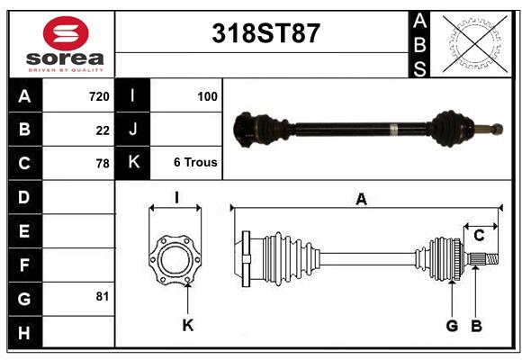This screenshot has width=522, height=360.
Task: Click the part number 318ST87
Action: pyautogui.click(x=265, y=33)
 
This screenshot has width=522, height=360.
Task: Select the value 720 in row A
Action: pyautogui.click(x=98, y=95)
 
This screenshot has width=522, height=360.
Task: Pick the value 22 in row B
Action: pyautogui.click(x=103, y=130)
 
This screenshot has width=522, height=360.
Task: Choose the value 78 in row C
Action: pyautogui.click(x=103, y=164)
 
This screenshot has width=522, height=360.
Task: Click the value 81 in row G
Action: pyautogui.click(x=103, y=295)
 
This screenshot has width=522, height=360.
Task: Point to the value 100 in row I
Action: pyautogui.click(x=207, y=95)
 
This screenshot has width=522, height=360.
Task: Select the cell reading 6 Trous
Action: pyautogui.click(x=195, y=163)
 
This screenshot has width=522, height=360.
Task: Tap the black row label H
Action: pyautogui.click(x=24, y=333)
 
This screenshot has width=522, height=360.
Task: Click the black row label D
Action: pyautogui.click(x=24, y=197)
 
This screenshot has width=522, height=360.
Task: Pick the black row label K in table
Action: pyautogui.click(x=133, y=163)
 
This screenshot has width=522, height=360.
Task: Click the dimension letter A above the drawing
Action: pyautogui.click(x=361, y=199)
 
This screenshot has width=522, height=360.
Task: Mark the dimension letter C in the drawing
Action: pyautogui.click(x=480, y=235)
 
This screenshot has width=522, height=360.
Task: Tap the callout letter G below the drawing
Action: pyautogui.click(x=452, y=325)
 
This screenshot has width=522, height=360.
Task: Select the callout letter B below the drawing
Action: pyautogui.click(x=477, y=325)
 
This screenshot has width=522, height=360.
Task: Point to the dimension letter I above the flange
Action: pyautogui.click(x=176, y=197)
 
